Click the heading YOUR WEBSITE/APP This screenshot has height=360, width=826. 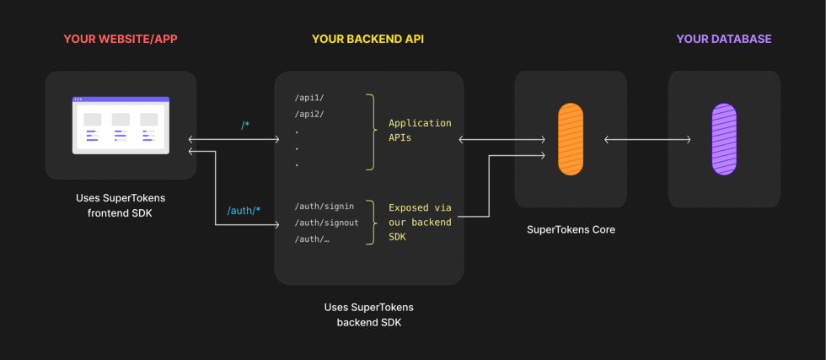click(x=121, y=39)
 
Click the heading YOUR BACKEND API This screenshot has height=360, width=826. click(x=368, y=39)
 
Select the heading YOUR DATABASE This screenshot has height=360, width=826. click(x=723, y=39)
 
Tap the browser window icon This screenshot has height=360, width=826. click(x=121, y=125)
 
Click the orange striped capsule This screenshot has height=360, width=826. click(x=571, y=139)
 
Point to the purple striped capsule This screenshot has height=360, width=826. click(x=724, y=139)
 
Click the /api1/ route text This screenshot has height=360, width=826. click(x=309, y=99)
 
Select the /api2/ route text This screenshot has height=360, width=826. click(x=309, y=115)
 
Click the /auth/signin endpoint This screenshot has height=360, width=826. click(x=324, y=207)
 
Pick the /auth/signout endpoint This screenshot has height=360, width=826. click(x=327, y=223)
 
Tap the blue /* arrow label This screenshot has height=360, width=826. click(x=245, y=125)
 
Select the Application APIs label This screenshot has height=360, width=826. click(x=419, y=131)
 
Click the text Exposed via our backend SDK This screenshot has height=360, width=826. click(x=420, y=223)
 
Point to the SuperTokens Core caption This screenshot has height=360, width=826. click(x=571, y=229)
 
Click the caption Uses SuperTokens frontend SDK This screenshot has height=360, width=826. click(x=121, y=205)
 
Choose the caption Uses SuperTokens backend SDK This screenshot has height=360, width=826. click(x=368, y=314)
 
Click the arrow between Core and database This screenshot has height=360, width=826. click(x=647, y=139)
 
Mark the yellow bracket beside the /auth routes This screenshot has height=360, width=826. click(x=370, y=223)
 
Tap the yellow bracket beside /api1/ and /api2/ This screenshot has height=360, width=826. click(x=370, y=131)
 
